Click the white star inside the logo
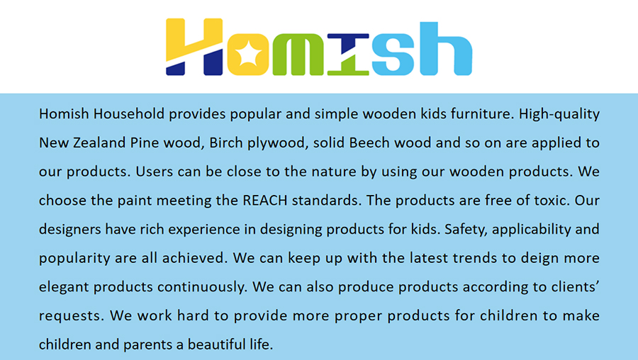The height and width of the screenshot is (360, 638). pyautogui.click(x=248, y=54)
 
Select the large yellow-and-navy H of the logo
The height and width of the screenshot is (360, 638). pyautogui.click(x=194, y=47)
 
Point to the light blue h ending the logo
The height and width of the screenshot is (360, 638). pyautogui.click(x=446, y=49)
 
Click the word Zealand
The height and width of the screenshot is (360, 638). pyautogui.click(x=99, y=142)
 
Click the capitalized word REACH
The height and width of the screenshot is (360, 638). pyautogui.click(x=265, y=201)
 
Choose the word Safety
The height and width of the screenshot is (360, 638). pyautogui.click(x=466, y=230)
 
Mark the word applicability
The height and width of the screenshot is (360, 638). pyautogui.click(x=531, y=230)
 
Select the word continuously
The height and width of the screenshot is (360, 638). pyautogui.click(x=202, y=288)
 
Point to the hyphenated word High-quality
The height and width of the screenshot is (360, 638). pyautogui.click(x=559, y=114)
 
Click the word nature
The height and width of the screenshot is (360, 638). pyautogui.click(x=334, y=171)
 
